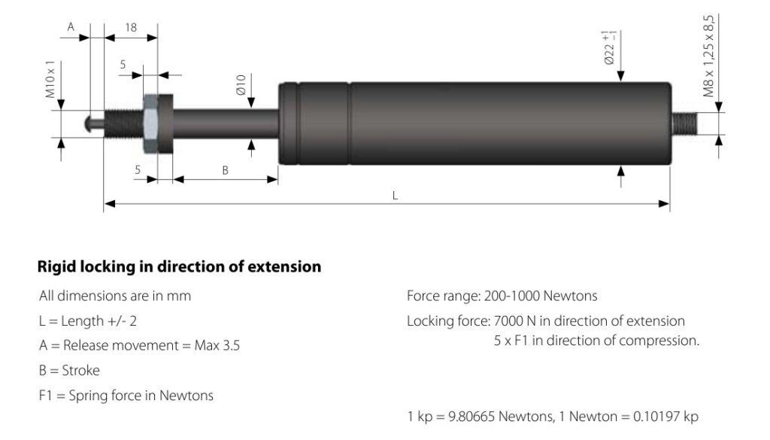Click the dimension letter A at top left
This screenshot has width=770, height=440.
71,26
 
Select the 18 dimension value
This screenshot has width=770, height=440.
131,28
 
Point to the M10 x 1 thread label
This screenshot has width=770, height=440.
50,80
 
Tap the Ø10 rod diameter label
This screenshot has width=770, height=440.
240,85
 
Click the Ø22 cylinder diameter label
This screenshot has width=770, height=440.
609,48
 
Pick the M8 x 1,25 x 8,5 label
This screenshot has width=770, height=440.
708,56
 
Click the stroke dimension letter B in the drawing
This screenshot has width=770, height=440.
225,171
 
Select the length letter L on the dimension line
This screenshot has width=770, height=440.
395,196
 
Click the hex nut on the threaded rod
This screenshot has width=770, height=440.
150,124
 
